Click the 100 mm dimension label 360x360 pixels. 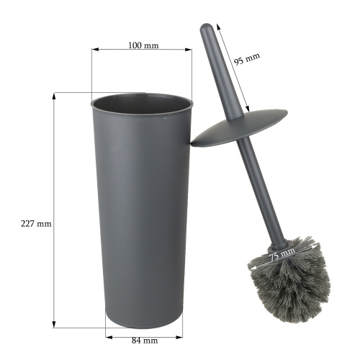pos(143,45)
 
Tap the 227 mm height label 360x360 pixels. pos(36,224)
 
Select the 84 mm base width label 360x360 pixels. pos(145,341)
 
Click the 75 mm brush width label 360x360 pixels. pos(282,254)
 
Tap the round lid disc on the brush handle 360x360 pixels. pos(239,128)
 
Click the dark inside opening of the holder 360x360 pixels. pos(142,104)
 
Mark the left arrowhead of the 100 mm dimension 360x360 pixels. pos(95,50)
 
